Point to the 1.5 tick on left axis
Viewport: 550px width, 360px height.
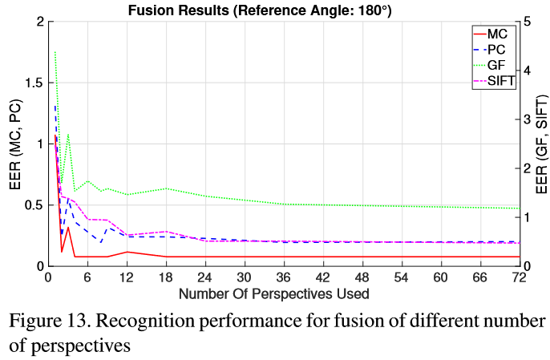coord(31,83)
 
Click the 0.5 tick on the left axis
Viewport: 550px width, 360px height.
coord(31,205)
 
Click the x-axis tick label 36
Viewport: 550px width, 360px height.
coord(283,277)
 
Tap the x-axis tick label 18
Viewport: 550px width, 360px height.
coord(165,277)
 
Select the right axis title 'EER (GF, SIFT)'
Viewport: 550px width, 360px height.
coord(542,144)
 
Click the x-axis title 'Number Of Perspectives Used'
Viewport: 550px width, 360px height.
coord(273,293)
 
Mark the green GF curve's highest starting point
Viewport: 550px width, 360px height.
coord(55,52)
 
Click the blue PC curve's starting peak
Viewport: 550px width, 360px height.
coord(55,105)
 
